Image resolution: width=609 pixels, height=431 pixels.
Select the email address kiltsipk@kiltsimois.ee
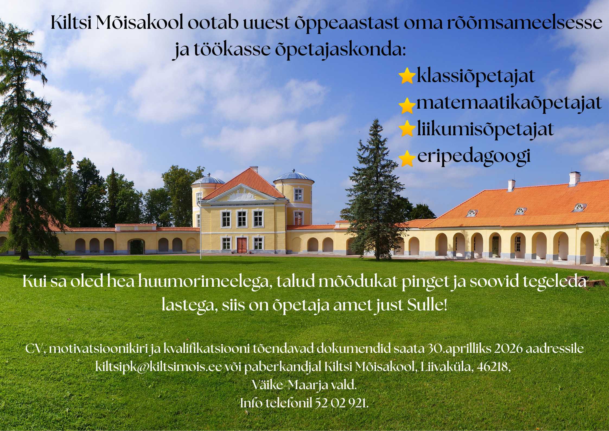pos(158,367)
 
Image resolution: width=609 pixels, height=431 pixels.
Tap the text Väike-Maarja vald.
pos(304,385)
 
